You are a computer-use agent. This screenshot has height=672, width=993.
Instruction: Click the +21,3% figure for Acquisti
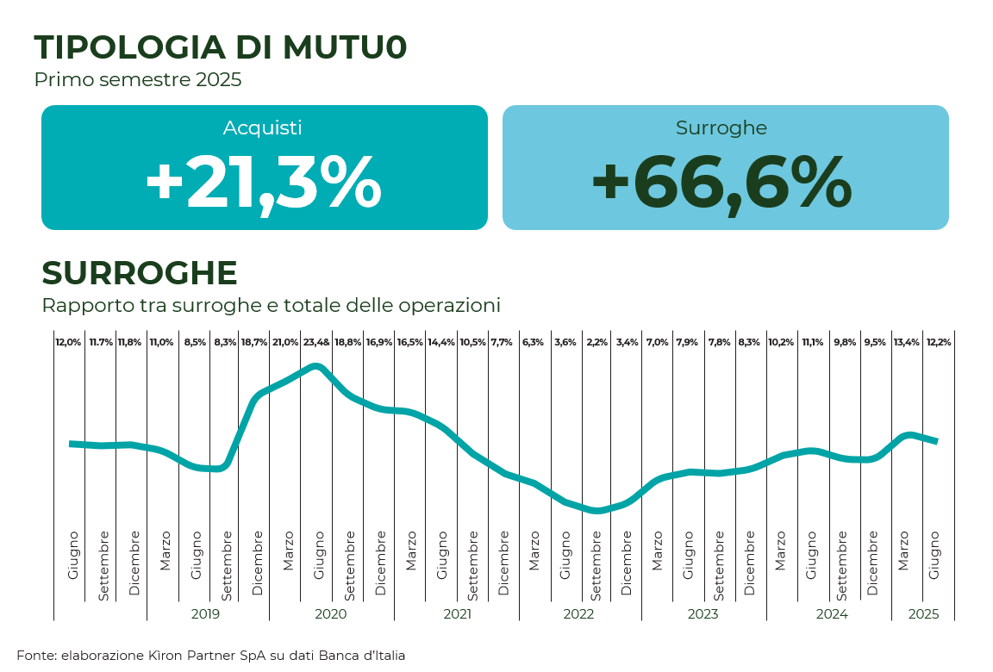coord(264,182)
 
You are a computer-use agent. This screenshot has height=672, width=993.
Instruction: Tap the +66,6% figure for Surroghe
coord(722,182)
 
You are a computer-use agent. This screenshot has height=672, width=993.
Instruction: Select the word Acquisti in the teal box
coord(263,128)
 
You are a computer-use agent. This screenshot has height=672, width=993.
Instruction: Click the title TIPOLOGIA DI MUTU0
coord(220,47)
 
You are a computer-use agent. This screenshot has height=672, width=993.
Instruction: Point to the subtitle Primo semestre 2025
coord(138,80)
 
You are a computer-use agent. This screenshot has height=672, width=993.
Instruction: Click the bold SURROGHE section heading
coord(140,273)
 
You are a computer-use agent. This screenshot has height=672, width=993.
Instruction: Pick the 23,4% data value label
coord(316,342)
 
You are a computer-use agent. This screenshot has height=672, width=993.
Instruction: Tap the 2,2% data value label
coord(596,342)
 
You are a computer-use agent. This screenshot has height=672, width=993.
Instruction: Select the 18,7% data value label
coord(254,342)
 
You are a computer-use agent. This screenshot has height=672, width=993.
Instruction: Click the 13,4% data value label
coord(907,342)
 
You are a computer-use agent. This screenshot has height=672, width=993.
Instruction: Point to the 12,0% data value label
coord(68,342)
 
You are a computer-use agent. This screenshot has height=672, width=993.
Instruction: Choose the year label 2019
coord(205,614)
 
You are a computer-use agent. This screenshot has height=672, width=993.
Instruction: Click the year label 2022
coord(579,614)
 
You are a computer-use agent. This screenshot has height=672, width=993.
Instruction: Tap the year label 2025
coord(923,614)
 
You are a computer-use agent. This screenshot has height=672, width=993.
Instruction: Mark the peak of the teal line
coord(316,366)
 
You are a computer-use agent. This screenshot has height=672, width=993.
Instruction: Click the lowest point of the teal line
coord(596,510)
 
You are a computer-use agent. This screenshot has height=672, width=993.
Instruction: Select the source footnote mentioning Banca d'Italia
coord(211,656)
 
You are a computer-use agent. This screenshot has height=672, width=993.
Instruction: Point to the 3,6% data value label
coord(565,342)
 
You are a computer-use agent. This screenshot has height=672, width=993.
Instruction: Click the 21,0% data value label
coord(285,342)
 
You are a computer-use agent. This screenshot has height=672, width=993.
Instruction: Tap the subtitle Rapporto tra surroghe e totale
coord(271,306)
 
